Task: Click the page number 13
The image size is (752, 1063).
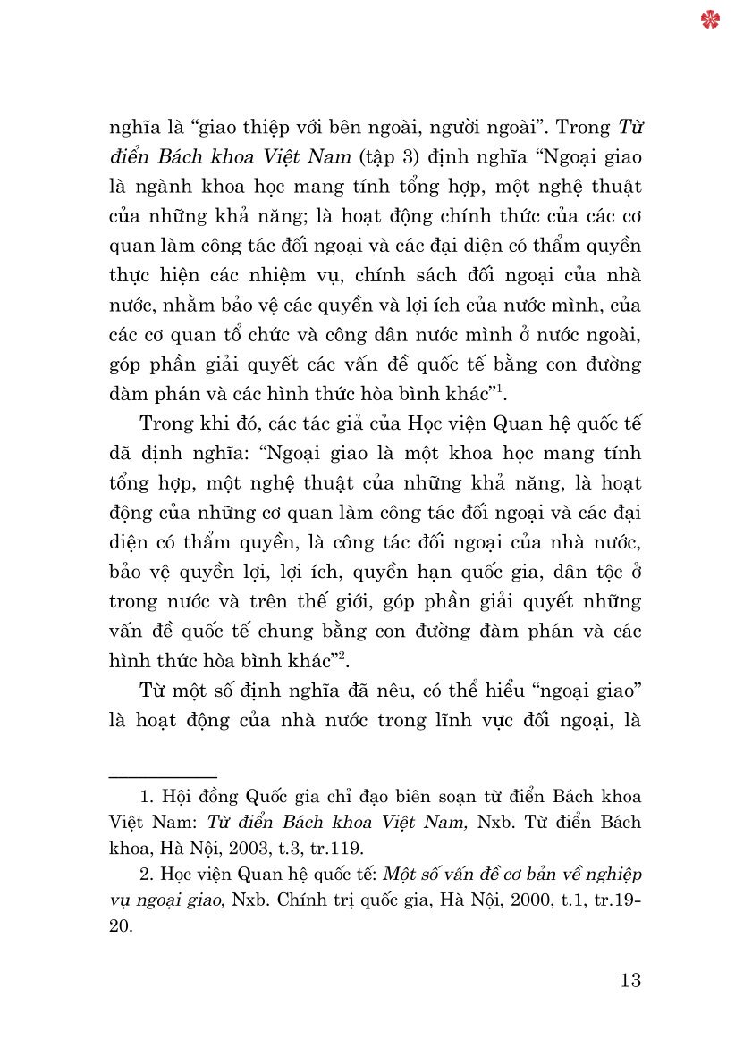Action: tap(630, 980)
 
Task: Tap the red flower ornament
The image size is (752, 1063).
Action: tap(711, 20)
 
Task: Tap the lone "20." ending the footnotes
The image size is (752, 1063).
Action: tap(120, 926)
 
